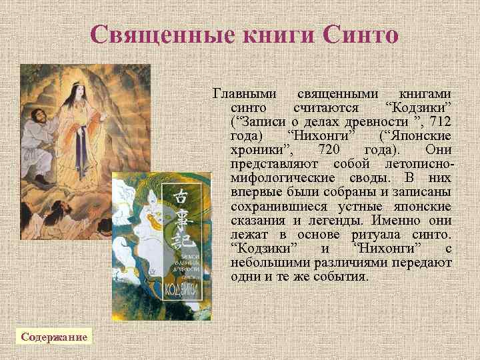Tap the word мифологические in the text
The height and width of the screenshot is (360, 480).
pos(282,178)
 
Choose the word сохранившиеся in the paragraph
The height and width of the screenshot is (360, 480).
pos(273,206)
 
